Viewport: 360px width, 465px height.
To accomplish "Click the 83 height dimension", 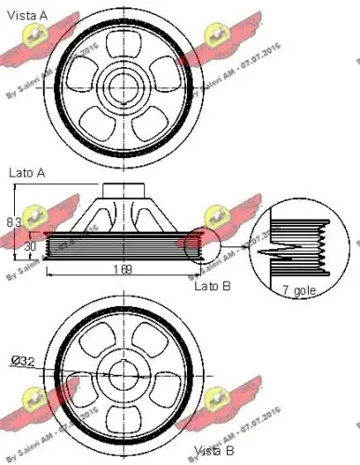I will [x=12, y=222].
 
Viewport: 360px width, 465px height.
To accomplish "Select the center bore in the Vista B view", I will [x=123, y=375].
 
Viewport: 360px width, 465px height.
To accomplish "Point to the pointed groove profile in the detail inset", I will [x=287, y=251].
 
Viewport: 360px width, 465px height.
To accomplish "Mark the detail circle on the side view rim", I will [x=196, y=249].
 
